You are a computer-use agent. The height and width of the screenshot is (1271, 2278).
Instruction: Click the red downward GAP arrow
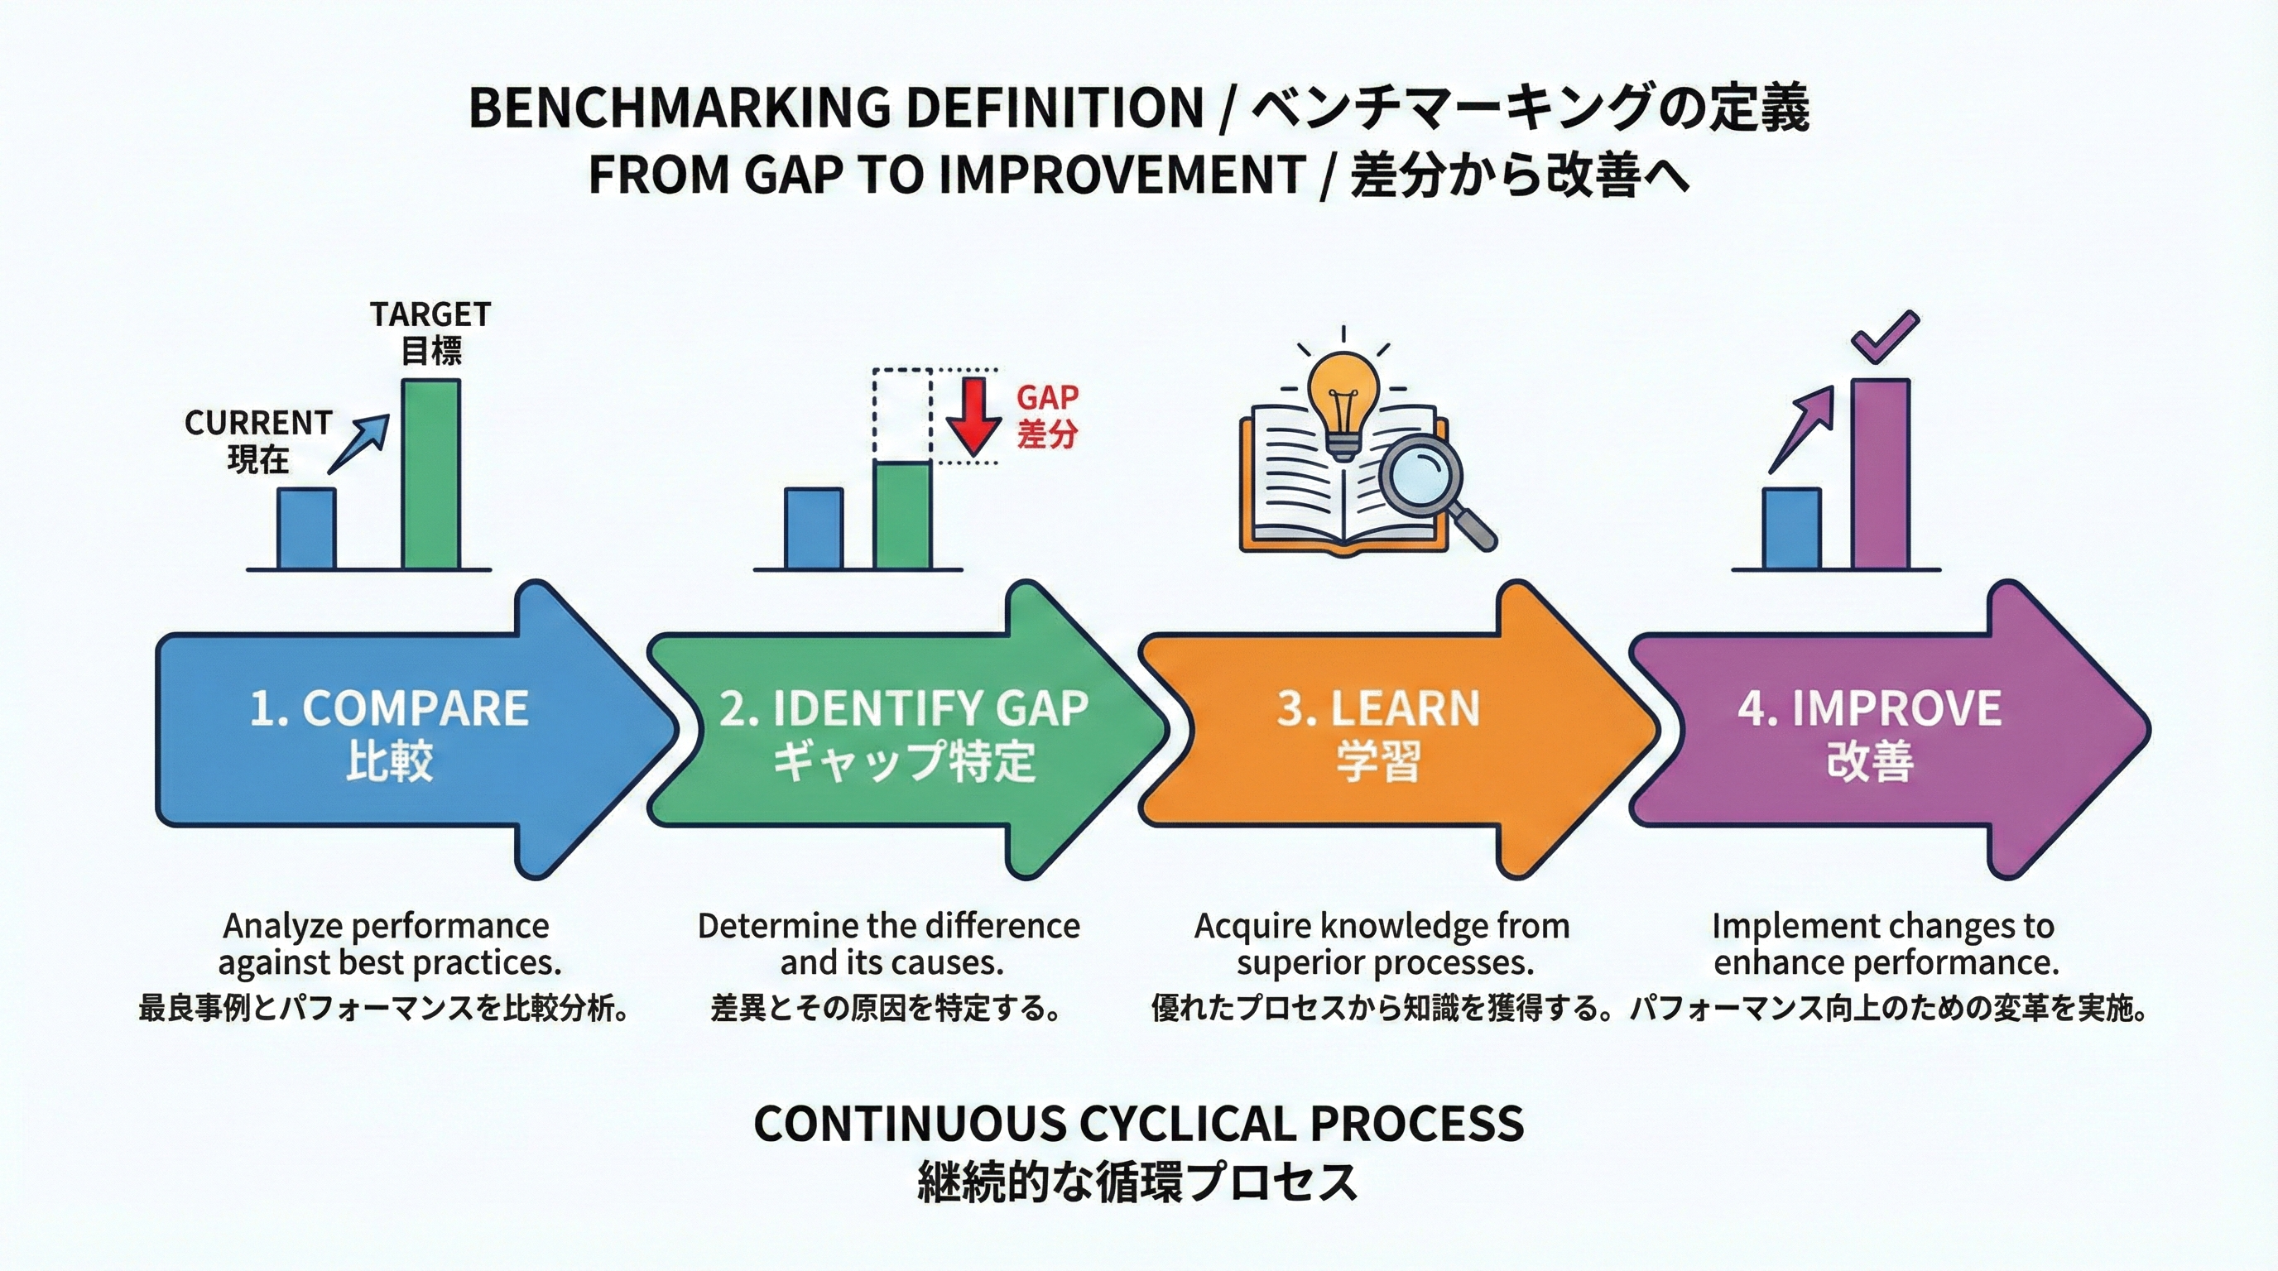(x=973, y=415)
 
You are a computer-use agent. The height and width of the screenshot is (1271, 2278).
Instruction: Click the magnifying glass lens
(x=1426, y=477)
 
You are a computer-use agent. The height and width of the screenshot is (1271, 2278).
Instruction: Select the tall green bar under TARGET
(x=431, y=474)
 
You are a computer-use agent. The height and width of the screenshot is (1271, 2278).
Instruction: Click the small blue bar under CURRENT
(x=307, y=529)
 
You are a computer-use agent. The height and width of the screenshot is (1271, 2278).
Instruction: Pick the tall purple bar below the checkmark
(x=1881, y=474)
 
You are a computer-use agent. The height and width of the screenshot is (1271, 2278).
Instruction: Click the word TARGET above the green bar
(x=430, y=314)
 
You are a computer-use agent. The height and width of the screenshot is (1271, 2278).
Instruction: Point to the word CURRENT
(x=258, y=423)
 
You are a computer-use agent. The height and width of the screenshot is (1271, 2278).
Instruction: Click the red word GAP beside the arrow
(x=1047, y=398)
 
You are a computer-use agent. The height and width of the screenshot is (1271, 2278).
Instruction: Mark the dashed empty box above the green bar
(x=902, y=414)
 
